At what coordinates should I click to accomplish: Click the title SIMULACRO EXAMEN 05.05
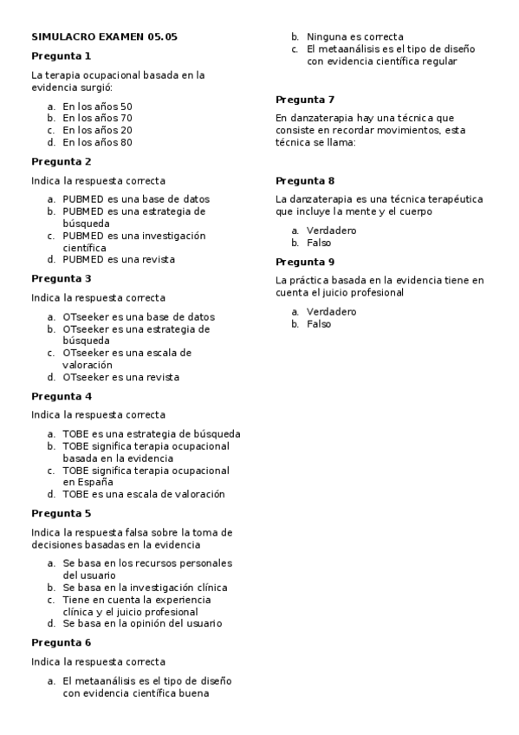click(x=104, y=37)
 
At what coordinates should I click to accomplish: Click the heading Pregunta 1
click(x=62, y=56)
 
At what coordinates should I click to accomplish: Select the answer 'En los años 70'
click(x=97, y=118)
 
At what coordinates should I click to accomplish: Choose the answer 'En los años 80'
click(x=97, y=142)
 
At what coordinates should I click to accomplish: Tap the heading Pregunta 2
click(x=62, y=161)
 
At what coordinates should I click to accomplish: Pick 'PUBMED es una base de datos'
click(x=135, y=198)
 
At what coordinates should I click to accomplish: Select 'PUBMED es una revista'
click(x=118, y=259)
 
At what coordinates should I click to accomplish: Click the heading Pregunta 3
click(x=62, y=278)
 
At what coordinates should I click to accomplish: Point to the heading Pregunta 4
click(x=62, y=396)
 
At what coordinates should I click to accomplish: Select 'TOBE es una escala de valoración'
click(x=143, y=494)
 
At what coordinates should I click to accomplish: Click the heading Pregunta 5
click(x=62, y=513)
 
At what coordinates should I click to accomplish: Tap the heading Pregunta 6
click(x=62, y=642)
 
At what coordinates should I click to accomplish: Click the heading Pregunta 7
click(x=305, y=99)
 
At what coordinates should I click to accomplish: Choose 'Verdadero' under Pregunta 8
click(x=331, y=231)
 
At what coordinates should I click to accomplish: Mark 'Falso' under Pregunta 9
click(x=319, y=324)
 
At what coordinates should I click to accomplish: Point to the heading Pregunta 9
click(x=305, y=262)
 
